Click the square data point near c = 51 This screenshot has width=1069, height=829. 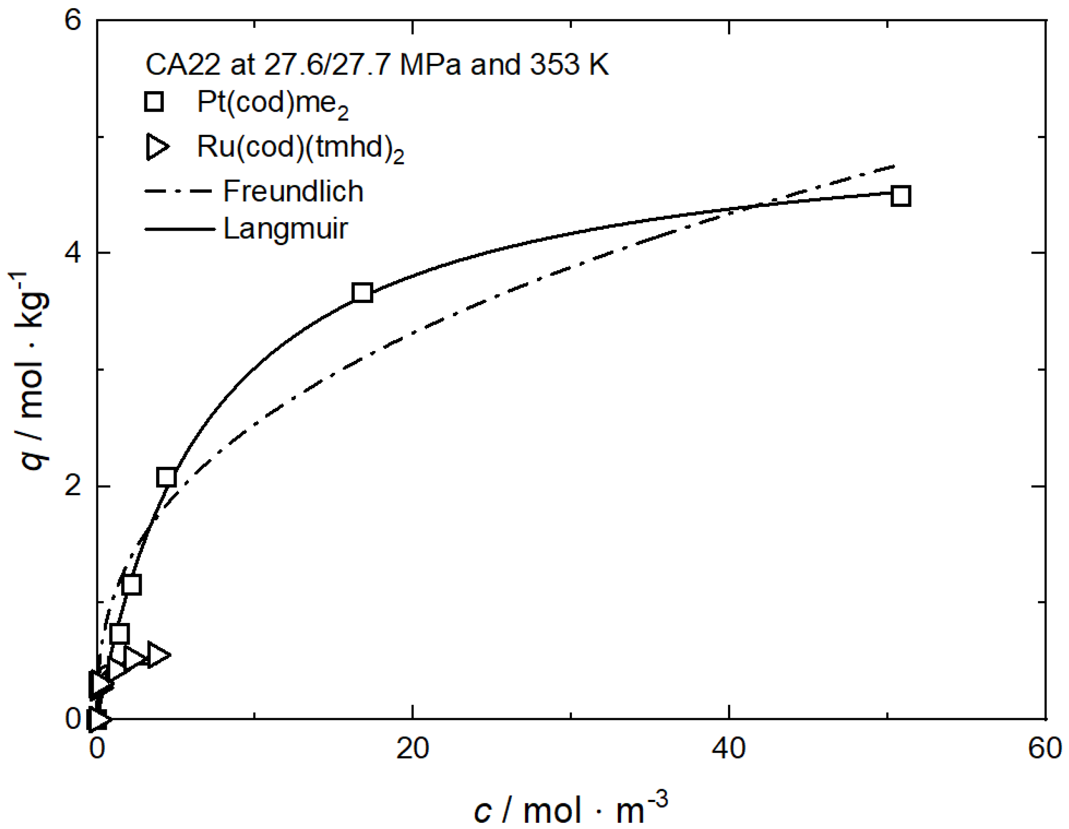click(901, 196)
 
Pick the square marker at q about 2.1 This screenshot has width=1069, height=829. click(167, 477)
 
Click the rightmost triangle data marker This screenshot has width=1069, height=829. click(158, 655)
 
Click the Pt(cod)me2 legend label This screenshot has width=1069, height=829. click(272, 104)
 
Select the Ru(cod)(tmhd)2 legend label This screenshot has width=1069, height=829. click(300, 147)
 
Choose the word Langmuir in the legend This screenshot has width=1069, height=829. click(285, 228)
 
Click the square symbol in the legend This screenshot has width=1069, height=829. click(154, 102)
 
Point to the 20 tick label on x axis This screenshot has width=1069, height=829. click(413, 749)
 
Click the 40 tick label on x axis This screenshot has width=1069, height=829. click(729, 749)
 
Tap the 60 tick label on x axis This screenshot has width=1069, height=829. click(1044, 749)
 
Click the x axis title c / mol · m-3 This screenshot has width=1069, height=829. click(570, 808)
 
